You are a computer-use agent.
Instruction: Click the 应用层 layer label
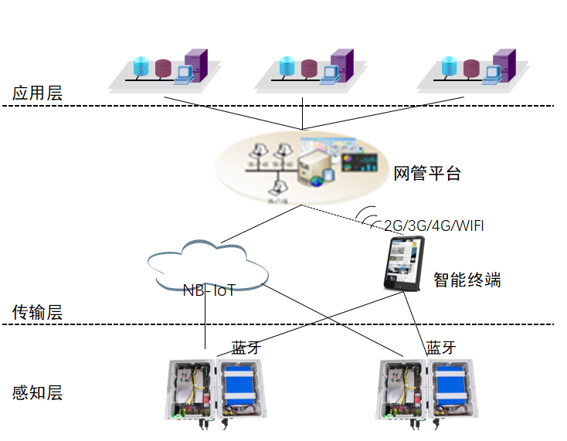[37, 93]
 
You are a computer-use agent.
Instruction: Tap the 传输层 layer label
[37, 312]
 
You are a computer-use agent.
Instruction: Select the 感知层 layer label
[37, 392]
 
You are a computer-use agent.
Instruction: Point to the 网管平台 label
[427, 173]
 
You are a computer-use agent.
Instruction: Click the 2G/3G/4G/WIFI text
[433, 226]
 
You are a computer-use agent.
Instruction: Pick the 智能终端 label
[467, 280]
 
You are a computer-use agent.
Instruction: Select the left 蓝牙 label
[246, 348]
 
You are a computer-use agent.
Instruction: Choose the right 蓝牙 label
[441, 348]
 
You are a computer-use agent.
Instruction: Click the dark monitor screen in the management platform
[357, 163]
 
